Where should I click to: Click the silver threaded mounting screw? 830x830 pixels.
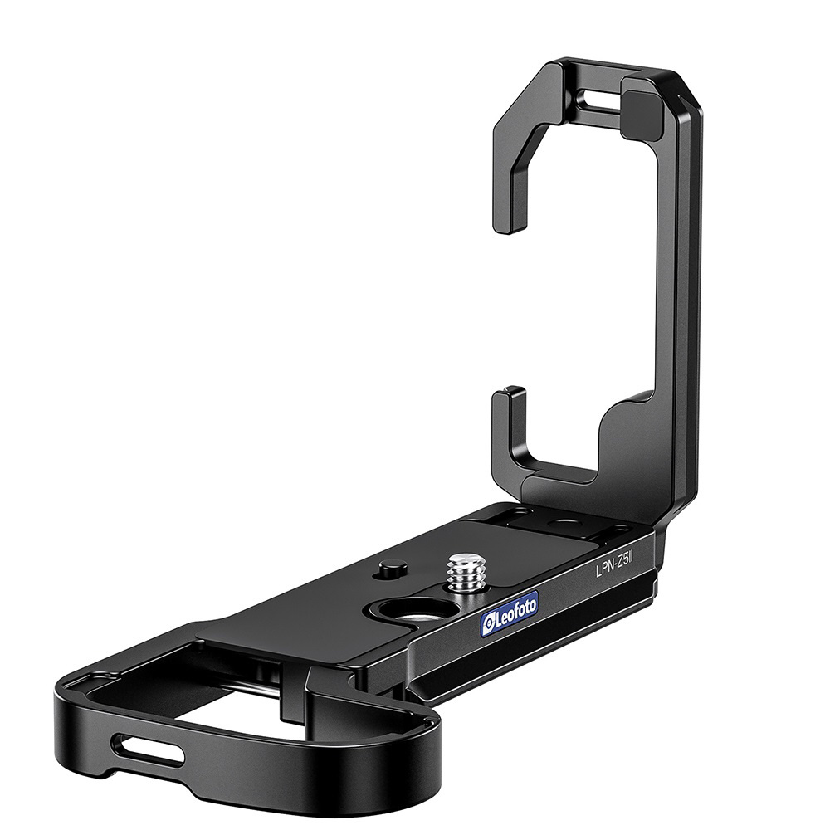tap(463, 573)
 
